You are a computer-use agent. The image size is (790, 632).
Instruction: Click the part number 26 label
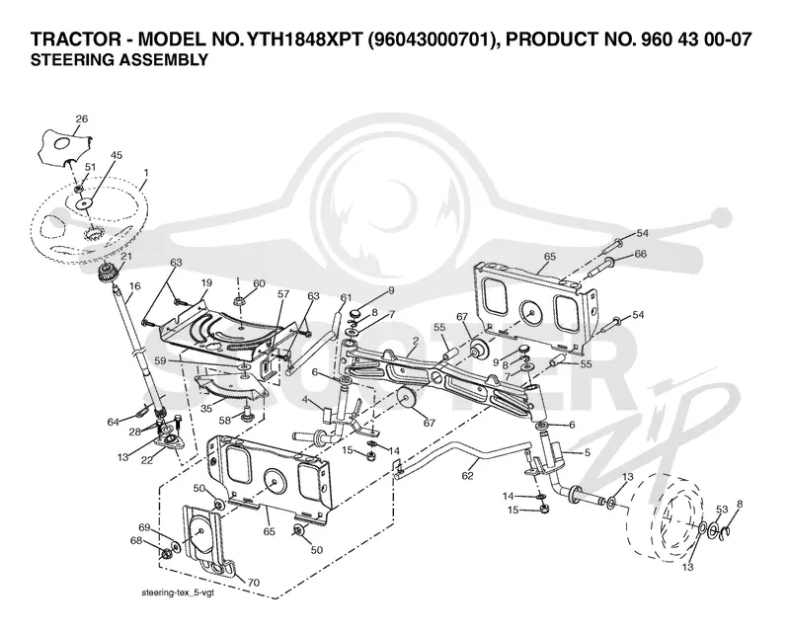point(82,118)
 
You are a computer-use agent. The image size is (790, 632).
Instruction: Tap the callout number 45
point(116,155)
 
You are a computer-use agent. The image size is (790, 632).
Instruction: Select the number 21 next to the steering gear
point(126,256)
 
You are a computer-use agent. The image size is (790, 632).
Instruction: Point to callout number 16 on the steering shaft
point(134,286)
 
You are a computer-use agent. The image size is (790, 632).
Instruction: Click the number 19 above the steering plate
point(206,283)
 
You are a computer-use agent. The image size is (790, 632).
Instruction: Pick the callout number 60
point(259,283)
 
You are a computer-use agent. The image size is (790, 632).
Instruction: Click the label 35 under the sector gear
point(206,409)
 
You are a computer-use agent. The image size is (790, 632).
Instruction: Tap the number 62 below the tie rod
point(467,475)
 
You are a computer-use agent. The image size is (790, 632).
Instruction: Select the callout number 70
point(254,583)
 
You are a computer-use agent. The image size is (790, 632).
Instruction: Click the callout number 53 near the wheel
point(722,509)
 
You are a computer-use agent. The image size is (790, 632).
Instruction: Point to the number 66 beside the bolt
point(640,254)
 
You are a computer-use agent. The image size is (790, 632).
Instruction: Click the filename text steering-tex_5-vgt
point(178,593)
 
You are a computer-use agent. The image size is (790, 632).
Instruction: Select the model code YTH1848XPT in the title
point(301,39)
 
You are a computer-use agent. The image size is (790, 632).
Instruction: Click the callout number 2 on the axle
point(415,341)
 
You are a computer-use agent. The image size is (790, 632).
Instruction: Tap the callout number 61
point(345,298)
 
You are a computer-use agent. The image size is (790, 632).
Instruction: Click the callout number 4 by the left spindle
point(305,400)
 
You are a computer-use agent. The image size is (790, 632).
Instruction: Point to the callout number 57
point(283,294)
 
